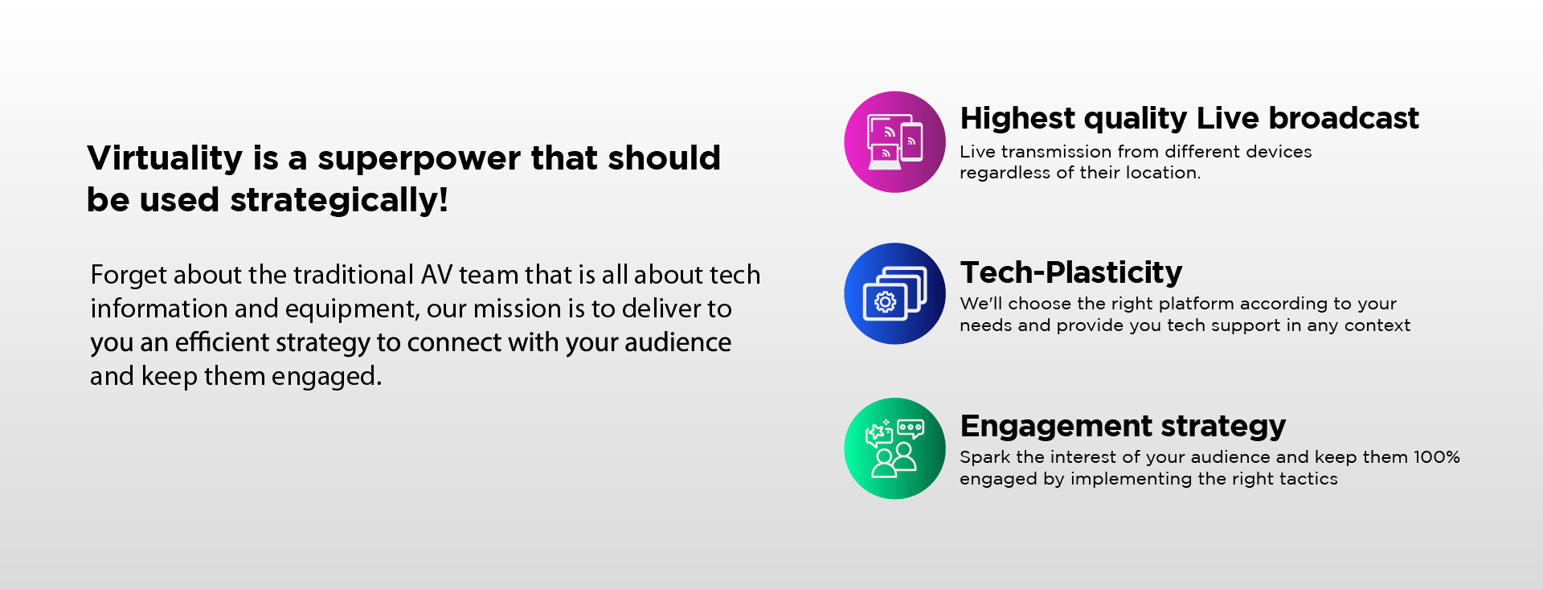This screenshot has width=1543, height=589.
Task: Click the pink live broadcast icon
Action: pyautogui.click(x=894, y=141)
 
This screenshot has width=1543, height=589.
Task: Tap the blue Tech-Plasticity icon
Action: pyautogui.click(x=894, y=293)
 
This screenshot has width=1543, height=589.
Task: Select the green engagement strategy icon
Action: pyautogui.click(x=894, y=448)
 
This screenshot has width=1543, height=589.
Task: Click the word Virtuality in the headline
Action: pyautogui.click(x=165, y=159)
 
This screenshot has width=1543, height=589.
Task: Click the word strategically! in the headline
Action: pyautogui.click(x=339, y=201)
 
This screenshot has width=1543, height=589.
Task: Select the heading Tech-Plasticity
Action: pyautogui.click(x=1071, y=273)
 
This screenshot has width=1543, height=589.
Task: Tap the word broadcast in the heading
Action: pyautogui.click(x=1344, y=118)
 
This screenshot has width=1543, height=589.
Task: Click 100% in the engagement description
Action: pyautogui.click(x=1436, y=457)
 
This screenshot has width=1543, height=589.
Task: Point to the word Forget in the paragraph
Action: pyautogui.click(x=129, y=276)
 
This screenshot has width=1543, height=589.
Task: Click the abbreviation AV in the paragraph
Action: pyautogui.click(x=436, y=275)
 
